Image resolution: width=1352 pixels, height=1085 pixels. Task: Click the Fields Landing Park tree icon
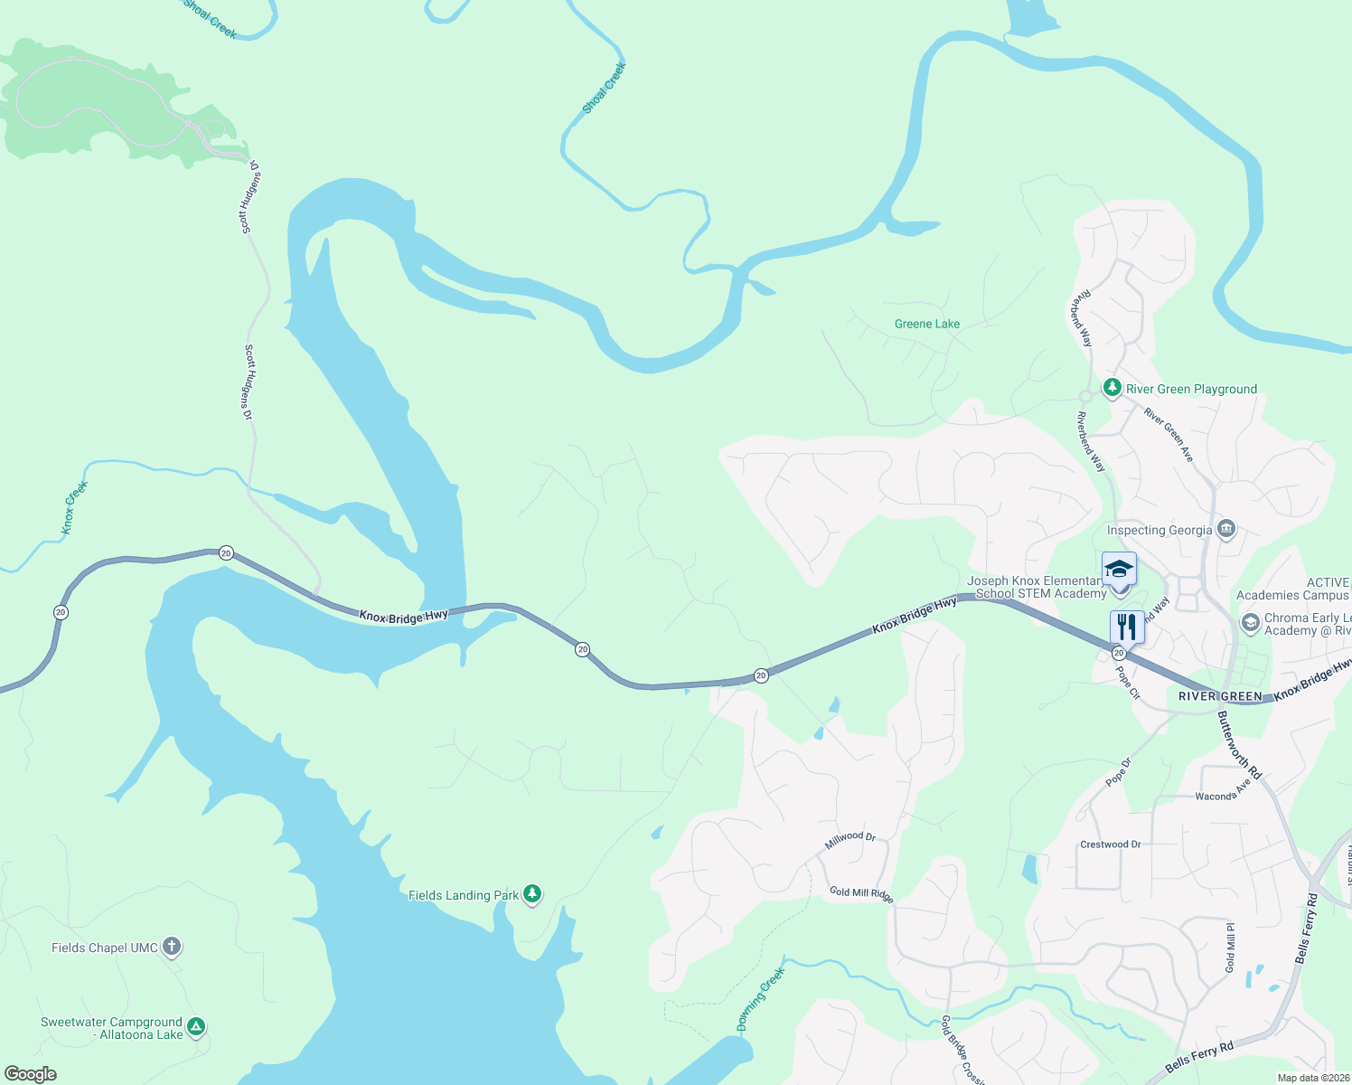[x=532, y=894]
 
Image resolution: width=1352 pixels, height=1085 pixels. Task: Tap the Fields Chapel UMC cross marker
[x=172, y=947]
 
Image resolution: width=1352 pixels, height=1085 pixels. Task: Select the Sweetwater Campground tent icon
[x=196, y=1027]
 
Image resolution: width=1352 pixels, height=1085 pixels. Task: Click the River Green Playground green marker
[x=1112, y=388]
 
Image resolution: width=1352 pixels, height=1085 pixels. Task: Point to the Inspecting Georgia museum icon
[x=1226, y=529]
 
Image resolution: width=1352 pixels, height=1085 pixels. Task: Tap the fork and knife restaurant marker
[x=1127, y=626]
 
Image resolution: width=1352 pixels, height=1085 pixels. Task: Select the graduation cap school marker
[x=1119, y=569]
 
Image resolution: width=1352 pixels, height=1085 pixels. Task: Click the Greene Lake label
[x=927, y=324]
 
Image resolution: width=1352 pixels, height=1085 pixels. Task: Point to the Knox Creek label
[x=75, y=507]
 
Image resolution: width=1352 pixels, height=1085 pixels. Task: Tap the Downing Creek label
[x=760, y=999]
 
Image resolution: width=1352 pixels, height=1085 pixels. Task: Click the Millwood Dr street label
[x=850, y=841]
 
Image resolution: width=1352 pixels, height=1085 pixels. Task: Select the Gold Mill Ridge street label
[x=861, y=893]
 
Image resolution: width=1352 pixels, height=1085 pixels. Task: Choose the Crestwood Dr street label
[x=1111, y=844]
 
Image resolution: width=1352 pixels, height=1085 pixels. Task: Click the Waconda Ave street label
[x=1223, y=791]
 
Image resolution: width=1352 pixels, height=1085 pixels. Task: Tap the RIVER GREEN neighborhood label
[x=1220, y=696]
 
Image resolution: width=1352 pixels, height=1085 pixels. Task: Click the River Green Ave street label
[x=1169, y=435]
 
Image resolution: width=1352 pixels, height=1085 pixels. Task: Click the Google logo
[x=31, y=1074]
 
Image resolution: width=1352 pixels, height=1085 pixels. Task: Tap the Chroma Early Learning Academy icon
[x=1250, y=623]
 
